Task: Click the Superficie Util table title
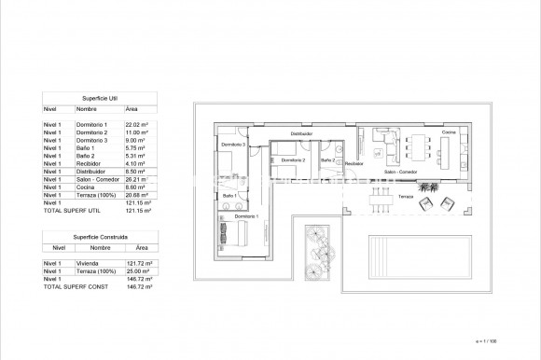99,97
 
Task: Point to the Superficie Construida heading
99,237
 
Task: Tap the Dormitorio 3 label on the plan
232,145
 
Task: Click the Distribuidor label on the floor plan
301,134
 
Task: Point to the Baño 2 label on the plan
327,159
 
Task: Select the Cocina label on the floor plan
450,132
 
